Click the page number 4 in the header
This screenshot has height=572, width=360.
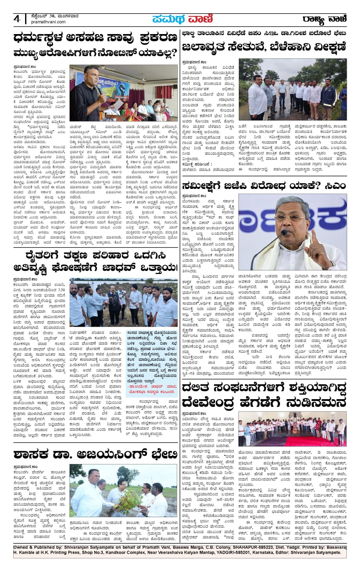click(x=17, y=19)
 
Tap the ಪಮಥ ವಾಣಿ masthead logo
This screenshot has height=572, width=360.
click(x=182, y=19)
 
